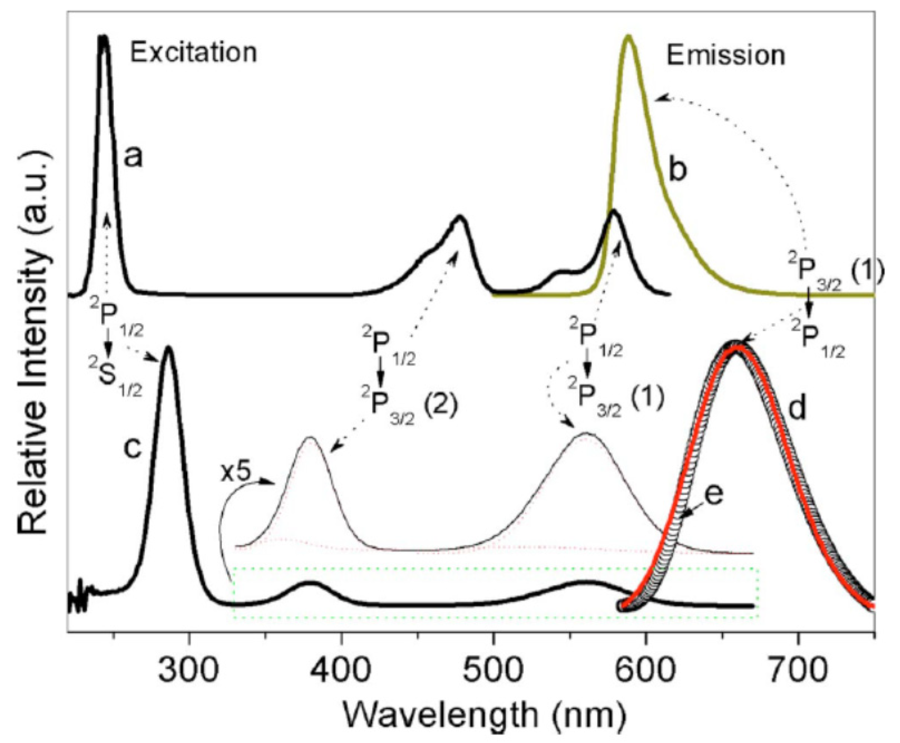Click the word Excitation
(193, 53)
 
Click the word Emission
(726, 56)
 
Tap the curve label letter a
(133, 158)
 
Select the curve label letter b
(678, 170)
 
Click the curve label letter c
(133, 448)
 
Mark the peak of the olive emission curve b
(629, 37)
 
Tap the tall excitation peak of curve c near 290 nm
(168, 349)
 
